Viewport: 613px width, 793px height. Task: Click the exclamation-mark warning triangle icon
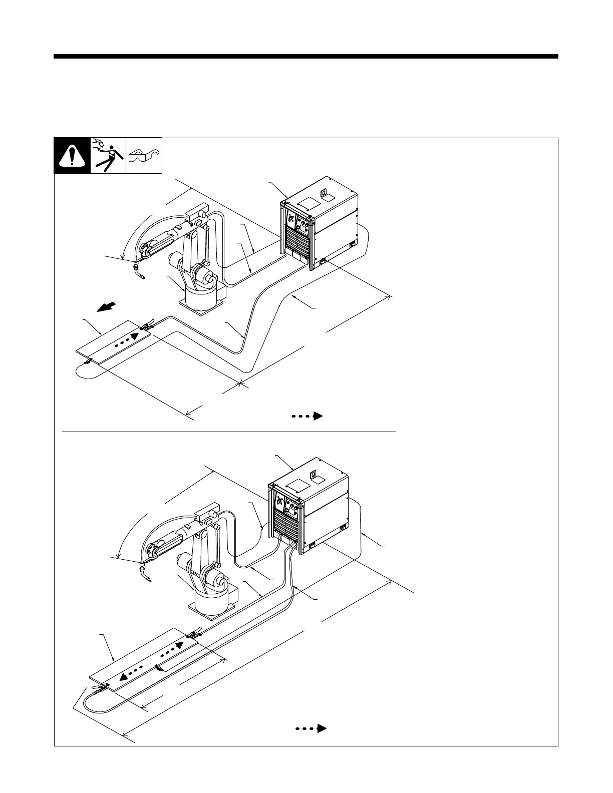click(x=72, y=156)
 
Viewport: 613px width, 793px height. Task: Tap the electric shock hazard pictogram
click(x=108, y=156)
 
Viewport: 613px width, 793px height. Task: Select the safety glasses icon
click(x=144, y=156)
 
